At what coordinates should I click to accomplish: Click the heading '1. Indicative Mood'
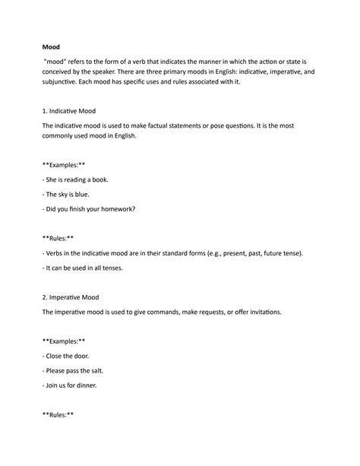pos(74,111)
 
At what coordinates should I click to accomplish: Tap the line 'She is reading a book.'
pos(77,179)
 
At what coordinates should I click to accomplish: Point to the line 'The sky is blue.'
pos(68,194)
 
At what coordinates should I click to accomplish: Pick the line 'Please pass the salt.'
pos(76,370)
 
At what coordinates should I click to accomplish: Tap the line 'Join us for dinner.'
pos(71,385)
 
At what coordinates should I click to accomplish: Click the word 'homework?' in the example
pos(124,209)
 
